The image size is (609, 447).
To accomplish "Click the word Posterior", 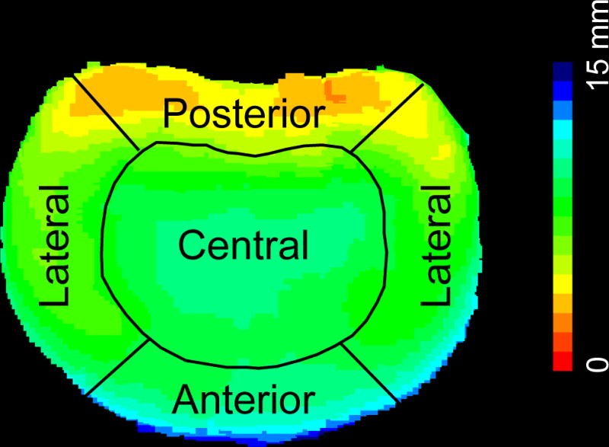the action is (x=244, y=114).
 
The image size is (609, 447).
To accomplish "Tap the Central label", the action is (x=244, y=245).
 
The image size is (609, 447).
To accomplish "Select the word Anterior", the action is (x=244, y=398).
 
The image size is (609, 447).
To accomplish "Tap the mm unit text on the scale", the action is (x=599, y=30).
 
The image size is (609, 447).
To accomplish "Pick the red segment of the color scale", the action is (x=562, y=362).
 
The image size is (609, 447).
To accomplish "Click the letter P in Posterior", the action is (x=174, y=114).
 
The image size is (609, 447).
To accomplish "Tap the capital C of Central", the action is (x=190, y=245).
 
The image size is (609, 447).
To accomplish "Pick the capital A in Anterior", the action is (x=185, y=398).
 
